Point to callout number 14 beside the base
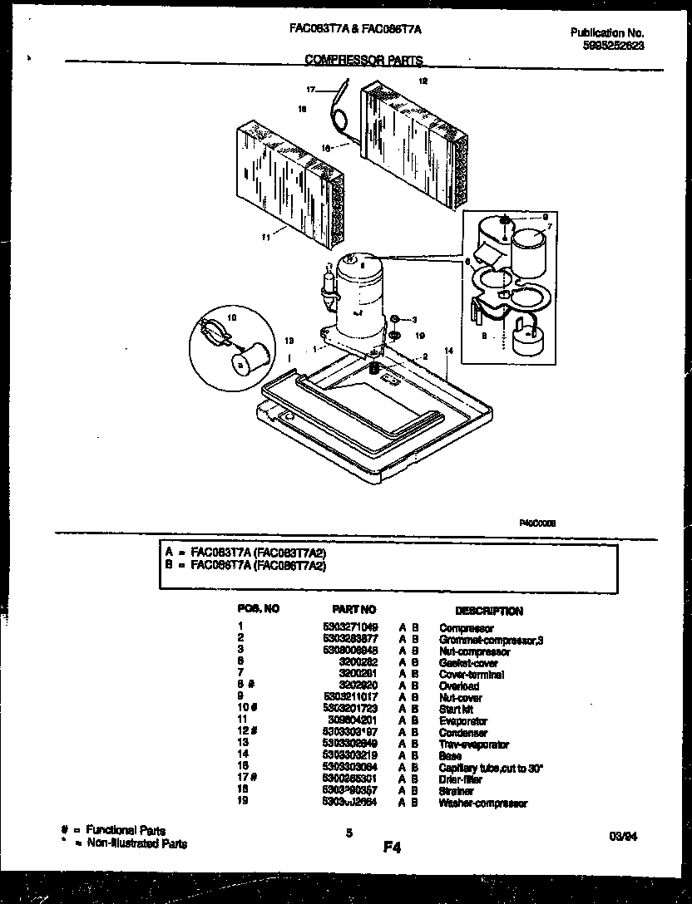448,352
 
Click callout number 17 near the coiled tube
310,89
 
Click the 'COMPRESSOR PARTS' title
363,60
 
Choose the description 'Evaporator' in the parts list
463,721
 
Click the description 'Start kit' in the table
456,710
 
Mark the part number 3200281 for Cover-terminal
363,674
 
